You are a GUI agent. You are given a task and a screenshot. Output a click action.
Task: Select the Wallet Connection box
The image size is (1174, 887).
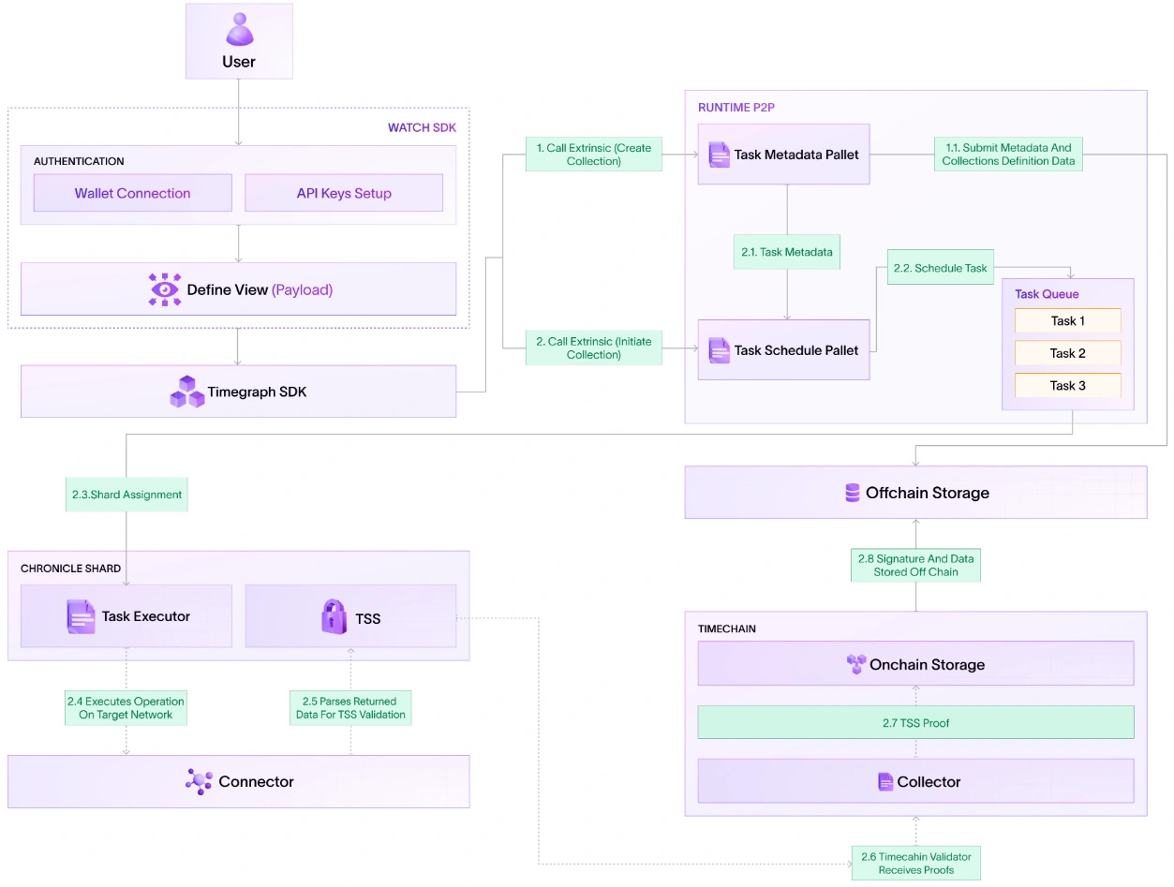(132, 193)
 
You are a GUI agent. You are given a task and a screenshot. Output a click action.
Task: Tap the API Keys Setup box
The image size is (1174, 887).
(343, 193)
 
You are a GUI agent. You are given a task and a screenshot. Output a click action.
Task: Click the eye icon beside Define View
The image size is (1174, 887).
(165, 289)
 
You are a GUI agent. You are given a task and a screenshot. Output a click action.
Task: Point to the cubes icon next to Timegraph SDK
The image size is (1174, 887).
(187, 392)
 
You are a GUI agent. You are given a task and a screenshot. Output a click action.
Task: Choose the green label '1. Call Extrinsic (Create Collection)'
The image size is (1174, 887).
(593, 155)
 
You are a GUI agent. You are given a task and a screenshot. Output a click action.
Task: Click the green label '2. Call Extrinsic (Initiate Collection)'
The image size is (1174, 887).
(593, 348)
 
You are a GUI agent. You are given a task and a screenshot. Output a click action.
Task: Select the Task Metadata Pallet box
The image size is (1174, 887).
(783, 155)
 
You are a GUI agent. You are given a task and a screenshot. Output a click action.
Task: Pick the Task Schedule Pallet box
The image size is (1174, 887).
(783, 350)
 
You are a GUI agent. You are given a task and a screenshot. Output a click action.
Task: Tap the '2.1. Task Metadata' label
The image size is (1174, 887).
(786, 252)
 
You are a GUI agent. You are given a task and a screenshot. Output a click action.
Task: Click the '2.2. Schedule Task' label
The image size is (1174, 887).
(940, 268)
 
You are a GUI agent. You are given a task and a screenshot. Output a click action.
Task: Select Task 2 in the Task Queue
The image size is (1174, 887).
(1067, 353)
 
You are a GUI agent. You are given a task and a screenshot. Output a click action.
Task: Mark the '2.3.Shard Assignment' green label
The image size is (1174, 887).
(126, 495)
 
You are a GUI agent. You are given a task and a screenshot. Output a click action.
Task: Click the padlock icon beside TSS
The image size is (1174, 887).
(334, 617)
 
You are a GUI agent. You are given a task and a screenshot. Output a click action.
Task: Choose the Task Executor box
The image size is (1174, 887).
(126, 616)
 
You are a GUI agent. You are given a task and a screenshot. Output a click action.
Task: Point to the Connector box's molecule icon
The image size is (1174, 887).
(199, 781)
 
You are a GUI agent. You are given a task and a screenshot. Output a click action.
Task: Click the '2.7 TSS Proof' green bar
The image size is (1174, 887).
(915, 722)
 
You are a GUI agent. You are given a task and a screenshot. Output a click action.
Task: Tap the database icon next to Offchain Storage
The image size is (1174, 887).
(852, 493)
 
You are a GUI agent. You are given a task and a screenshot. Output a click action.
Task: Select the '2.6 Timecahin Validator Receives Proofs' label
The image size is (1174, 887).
(915, 863)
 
